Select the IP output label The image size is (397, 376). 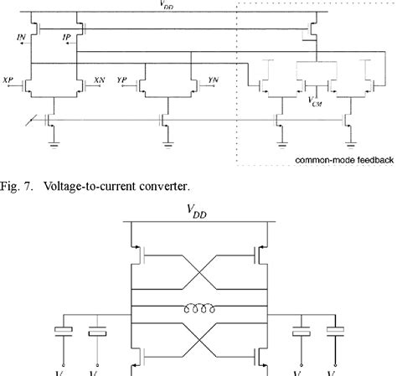coord(67,39)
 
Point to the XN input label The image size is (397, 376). coord(100,80)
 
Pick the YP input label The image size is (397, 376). coord(122,80)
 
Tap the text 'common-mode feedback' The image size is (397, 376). coord(342,161)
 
